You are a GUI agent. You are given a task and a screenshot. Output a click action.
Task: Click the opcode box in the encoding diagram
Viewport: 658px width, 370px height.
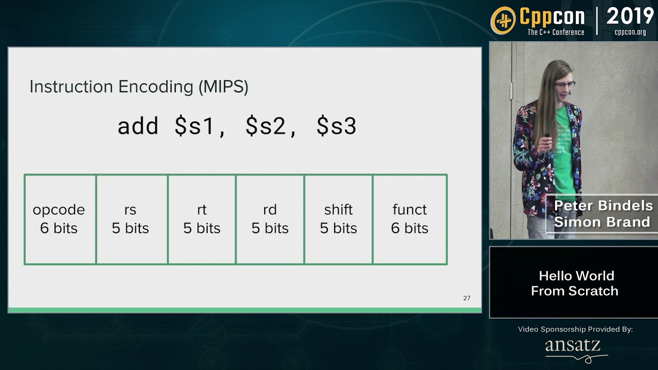pyautogui.click(x=60, y=219)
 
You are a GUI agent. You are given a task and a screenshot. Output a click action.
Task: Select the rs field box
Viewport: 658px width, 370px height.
pyautogui.click(x=131, y=219)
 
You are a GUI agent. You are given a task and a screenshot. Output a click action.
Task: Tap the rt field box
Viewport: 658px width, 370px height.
pyautogui.click(x=202, y=219)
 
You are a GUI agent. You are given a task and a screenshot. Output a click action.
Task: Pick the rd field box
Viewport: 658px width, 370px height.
pyautogui.click(x=270, y=219)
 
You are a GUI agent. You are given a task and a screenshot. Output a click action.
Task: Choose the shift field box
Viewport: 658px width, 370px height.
pyautogui.click(x=338, y=219)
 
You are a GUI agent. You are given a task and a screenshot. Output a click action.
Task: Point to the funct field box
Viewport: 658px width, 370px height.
pyautogui.click(x=410, y=219)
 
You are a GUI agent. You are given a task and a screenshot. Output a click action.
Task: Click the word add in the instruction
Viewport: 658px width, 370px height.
pyautogui.click(x=138, y=126)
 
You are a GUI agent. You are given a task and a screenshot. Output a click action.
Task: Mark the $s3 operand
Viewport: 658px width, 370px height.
pyautogui.click(x=336, y=126)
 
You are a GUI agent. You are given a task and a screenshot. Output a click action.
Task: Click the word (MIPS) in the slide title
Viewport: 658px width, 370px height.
pyautogui.click(x=223, y=86)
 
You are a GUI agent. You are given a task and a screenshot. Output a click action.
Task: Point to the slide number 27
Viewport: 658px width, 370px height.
pyautogui.click(x=467, y=298)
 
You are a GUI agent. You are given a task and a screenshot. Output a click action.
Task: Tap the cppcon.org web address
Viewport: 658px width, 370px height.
pyautogui.click(x=630, y=32)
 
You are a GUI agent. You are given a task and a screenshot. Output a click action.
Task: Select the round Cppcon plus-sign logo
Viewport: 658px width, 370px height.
pyautogui.click(x=503, y=21)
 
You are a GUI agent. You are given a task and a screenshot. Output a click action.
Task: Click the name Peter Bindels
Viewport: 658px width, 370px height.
pyautogui.click(x=603, y=206)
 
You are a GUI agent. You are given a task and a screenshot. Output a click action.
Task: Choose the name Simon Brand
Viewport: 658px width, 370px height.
pyautogui.click(x=602, y=222)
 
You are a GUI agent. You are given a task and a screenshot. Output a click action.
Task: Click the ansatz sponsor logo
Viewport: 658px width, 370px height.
pyautogui.click(x=574, y=347)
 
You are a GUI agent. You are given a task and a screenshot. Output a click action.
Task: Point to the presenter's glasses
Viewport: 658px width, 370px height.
pyautogui.click(x=564, y=84)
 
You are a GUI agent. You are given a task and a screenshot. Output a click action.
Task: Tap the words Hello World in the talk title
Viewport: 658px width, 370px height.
pyautogui.click(x=576, y=276)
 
